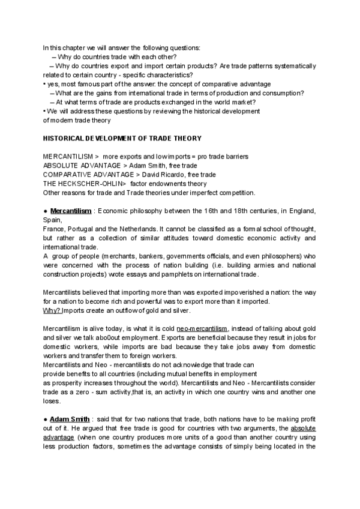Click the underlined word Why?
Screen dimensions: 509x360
[x=52, y=310]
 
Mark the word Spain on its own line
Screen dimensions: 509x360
[x=52, y=220]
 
